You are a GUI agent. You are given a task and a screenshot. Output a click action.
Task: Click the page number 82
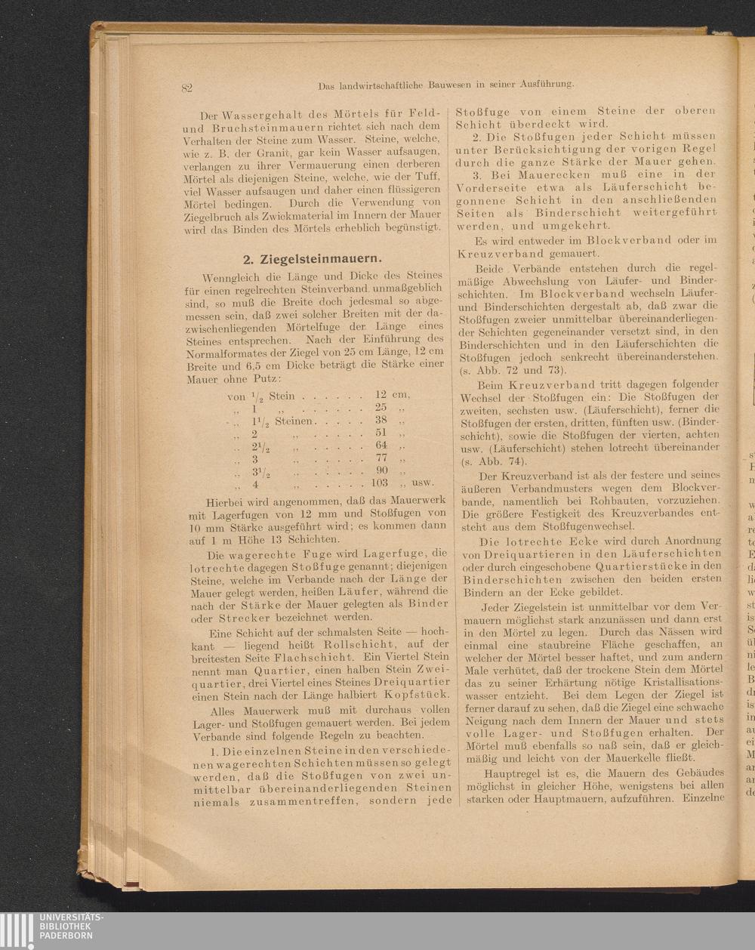[187, 88]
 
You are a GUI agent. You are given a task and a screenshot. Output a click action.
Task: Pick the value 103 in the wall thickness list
[379, 483]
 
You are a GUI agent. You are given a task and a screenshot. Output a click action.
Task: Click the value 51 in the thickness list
[381, 433]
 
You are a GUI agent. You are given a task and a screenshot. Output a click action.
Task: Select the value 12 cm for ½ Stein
[392, 395]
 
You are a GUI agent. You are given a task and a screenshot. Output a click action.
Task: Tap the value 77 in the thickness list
[381, 458]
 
